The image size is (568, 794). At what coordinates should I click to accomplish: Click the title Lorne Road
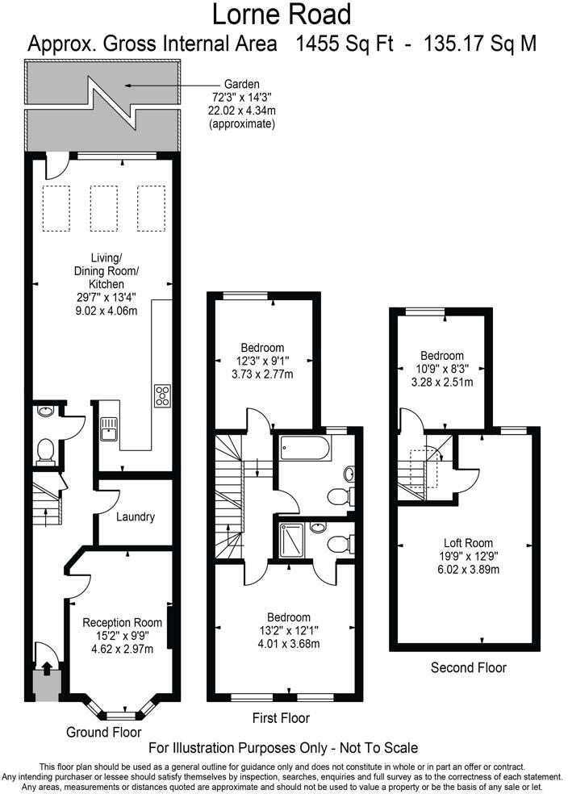click(x=282, y=15)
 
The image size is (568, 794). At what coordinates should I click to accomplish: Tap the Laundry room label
click(x=135, y=517)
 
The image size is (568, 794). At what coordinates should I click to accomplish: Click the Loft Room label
click(x=468, y=543)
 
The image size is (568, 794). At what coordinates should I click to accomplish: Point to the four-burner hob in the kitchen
click(x=162, y=395)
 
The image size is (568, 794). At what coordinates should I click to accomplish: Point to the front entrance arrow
click(x=46, y=668)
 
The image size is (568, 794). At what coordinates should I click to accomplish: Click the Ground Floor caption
click(x=99, y=732)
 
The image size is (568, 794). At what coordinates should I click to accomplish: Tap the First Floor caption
click(x=281, y=718)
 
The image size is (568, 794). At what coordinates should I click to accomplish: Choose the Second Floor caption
click(x=468, y=667)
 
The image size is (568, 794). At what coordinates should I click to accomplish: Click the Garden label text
click(x=242, y=84)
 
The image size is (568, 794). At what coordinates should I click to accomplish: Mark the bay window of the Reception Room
click(x=121, y=713)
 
